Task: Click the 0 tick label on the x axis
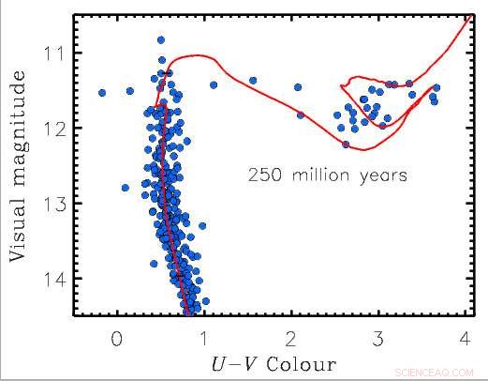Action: pos(116,337)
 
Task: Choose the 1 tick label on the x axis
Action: pos(204,337)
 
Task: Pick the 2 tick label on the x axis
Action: pos(291,337)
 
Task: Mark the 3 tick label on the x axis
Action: pos(379,337)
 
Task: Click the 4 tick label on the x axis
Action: pos(466,337)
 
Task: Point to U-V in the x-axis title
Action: pos(244,362)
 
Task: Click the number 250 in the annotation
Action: pos(265,175)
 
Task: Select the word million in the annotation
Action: pos(320,175)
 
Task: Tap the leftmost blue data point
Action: pos(101,92)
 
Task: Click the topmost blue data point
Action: pos(160,40)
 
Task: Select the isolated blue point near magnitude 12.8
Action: pos(126,188)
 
